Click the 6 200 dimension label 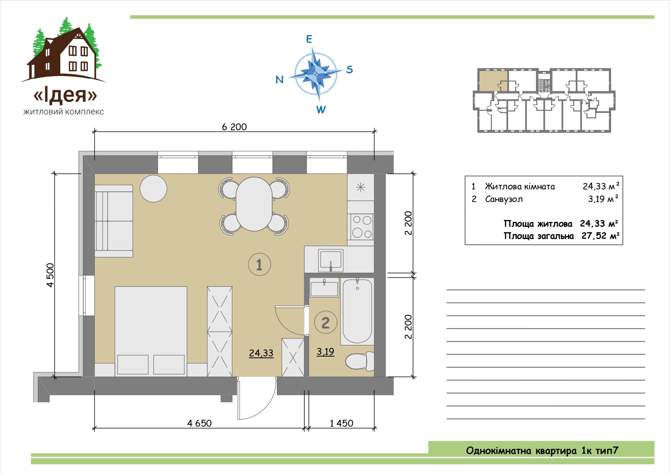pyautogui.click(x=234, y=127)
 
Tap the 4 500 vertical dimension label pyautogui.click(x=50, y=275)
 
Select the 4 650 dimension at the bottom pyautogui.click(x=199, y=423)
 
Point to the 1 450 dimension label pyautogui.click(x=341, y=423)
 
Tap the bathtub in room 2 pyautogui.click(x=357, y=311)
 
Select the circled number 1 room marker pyautogui.click(x=260, y=264)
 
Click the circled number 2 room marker pyautogui.click(x=326, y=323)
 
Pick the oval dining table pyautogui.click(x=254, y=204)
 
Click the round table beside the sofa pyautogui.click(x=153, y=188)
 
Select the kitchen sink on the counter pyautogui.click(x=331, y=260)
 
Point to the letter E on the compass pyautogui.click(x=309, y=39)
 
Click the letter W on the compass pyautogui.click(x=321, y=110)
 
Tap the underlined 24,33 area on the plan pyautogui.click(x=261, y=353)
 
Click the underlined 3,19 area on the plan pyautogui.click(x=325, y=351)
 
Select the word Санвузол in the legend pyautogui.click(x=504, y=199)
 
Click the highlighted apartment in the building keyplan pyautogui.click(x=493, y=81)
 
